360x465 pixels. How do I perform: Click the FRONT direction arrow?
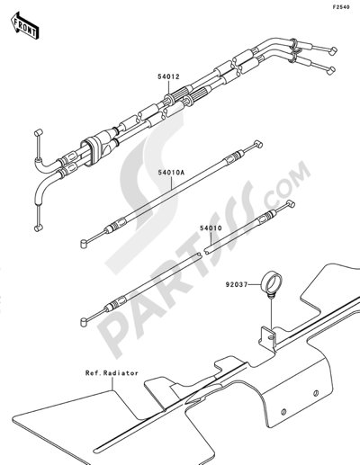tap(25, 25)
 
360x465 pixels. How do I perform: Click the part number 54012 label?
tap(168, 76)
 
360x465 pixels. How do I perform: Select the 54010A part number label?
tap(172, 173)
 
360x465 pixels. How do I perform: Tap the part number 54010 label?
tap(211, 228)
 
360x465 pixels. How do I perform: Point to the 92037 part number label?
tap(237, 284)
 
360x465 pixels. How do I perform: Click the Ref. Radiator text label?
tap(112, 373)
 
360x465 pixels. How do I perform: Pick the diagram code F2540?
tap(341, 7)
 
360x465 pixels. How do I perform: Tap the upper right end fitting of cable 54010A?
tap(257, 145)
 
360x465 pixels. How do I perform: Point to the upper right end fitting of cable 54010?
tap(291, 204)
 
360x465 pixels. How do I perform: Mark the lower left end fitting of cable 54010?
tap(85, 322)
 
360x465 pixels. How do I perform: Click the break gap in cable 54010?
tap(202, 254)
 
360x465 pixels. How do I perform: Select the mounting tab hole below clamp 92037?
tap(271, 338)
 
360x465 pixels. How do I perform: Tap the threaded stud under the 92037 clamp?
tap(271, 296)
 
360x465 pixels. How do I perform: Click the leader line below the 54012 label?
tap(168, 87)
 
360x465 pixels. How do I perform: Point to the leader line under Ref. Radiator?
tap(112, 384)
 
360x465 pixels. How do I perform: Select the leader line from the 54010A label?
tap(172, 183)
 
